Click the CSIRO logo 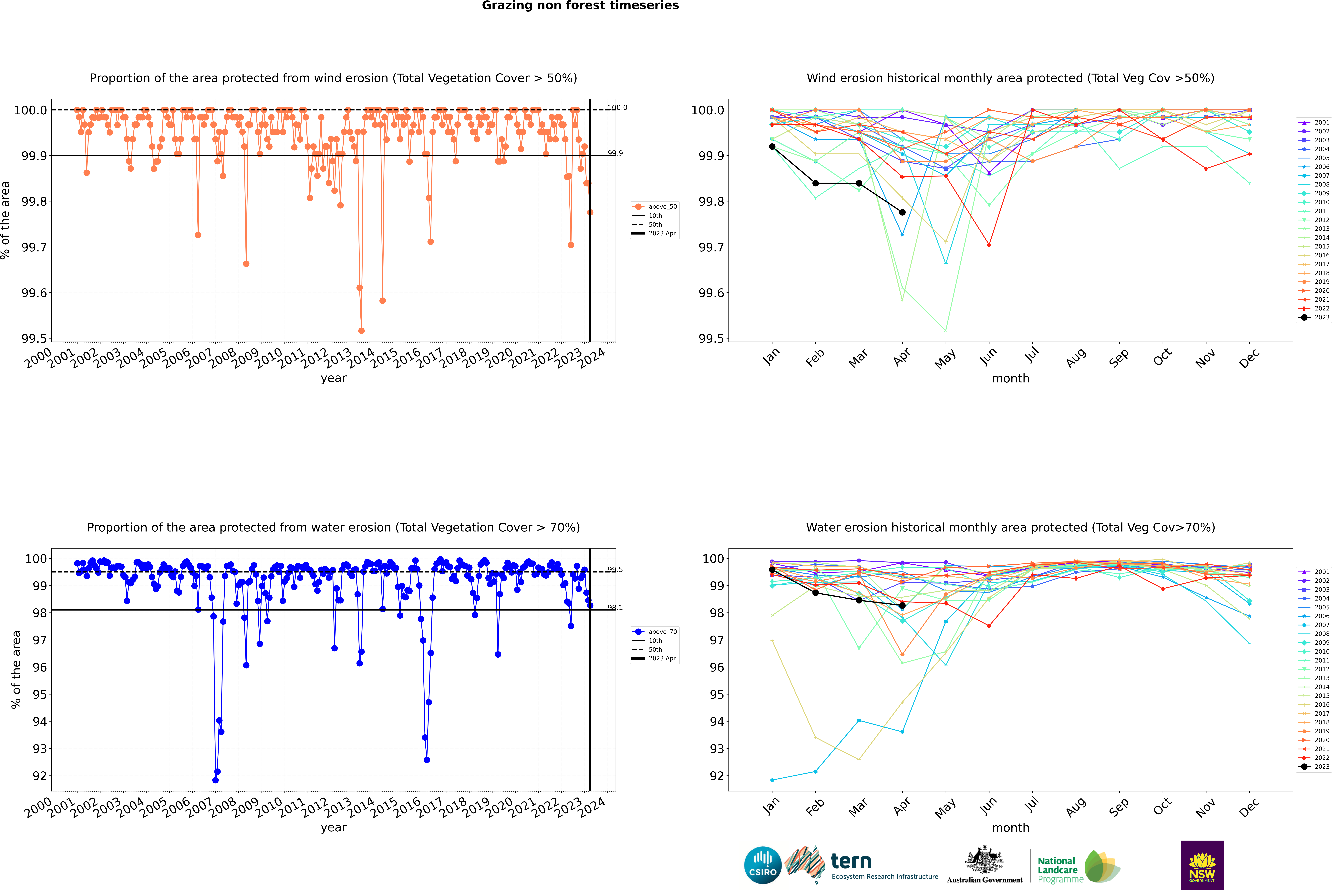click(763, 865)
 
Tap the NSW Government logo click(1202, 865)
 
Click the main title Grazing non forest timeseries click(580, 6)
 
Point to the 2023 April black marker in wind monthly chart click(902, 212)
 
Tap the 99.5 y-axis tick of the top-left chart click(34, 339)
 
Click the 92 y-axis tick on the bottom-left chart click(40, 776)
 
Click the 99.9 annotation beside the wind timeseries click(615, 153)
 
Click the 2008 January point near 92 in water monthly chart click(772, 780)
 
